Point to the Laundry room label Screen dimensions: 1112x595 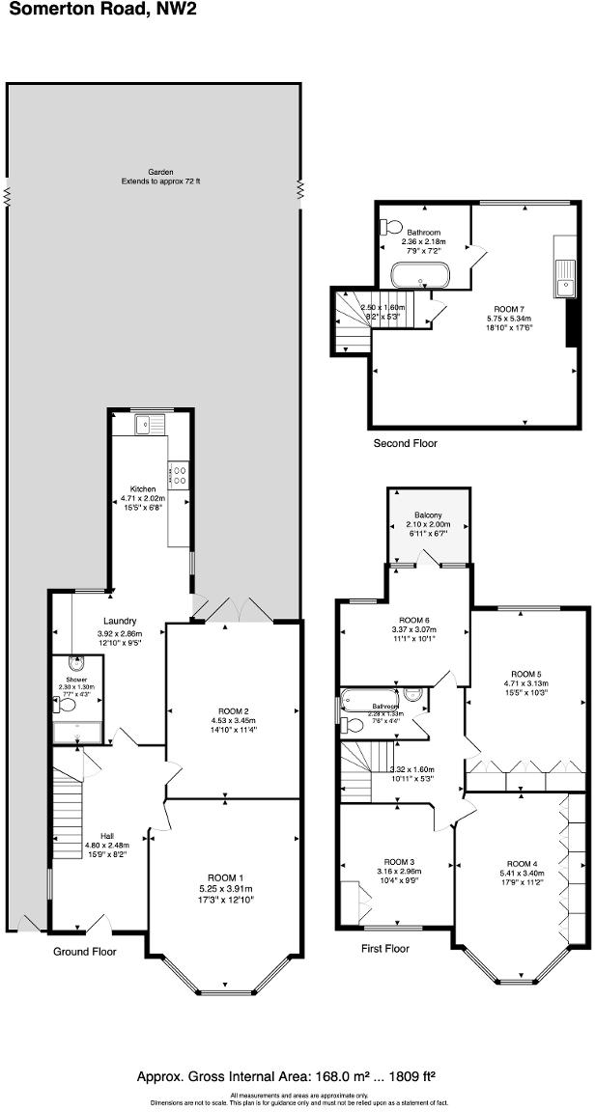click(121, 621)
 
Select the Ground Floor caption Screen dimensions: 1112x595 click(85, 952)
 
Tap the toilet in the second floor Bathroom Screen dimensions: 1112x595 click(390, 227)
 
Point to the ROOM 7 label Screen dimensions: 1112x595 click(509, 307)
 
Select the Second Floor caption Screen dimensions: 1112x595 click(406, 443)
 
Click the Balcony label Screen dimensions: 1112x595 click(429, 515)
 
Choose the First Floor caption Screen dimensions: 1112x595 click(385, 949)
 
